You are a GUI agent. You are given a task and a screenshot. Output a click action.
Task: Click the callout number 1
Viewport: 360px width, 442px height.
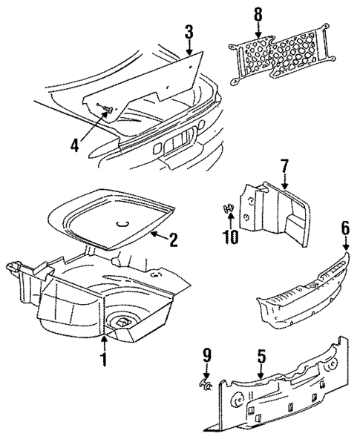[x=105, y=360]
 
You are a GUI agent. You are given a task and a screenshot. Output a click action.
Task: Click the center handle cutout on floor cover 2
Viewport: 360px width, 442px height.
[x=122, y=220]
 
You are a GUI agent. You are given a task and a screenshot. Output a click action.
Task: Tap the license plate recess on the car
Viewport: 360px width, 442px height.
[x=177, y=142]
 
